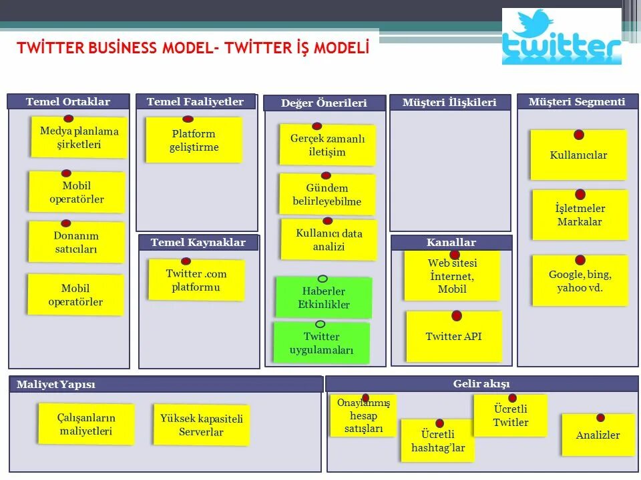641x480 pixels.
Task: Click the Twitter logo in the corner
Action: [562, 37]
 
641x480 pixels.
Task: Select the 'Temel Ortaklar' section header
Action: [68, 102]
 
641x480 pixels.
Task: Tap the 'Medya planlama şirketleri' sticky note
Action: [79, 138]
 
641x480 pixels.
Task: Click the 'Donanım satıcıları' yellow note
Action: [76, 243]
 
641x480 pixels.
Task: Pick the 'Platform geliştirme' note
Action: [194, 141]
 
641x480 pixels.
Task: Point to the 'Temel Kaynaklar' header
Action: [198, 243]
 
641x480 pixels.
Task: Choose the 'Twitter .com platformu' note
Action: [196, 281]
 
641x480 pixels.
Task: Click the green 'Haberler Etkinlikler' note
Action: [324, 298]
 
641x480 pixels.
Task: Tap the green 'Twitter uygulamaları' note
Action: [321, 343]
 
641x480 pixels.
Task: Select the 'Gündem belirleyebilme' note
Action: [327, 195]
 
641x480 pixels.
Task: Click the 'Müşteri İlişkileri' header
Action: [449, 102]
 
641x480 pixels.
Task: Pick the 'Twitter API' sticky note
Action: [454, 337]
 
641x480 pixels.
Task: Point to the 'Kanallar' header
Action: [451, 243]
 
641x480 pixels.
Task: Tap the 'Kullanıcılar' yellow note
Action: [578, 155]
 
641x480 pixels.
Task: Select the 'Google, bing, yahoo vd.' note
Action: [580, 281]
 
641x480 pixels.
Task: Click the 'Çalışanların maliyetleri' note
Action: [87, 425]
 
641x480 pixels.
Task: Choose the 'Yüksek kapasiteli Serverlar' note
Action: [201, 425]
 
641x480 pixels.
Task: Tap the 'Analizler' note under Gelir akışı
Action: [598, 435]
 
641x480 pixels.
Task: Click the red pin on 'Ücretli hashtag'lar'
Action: [440, 423]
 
